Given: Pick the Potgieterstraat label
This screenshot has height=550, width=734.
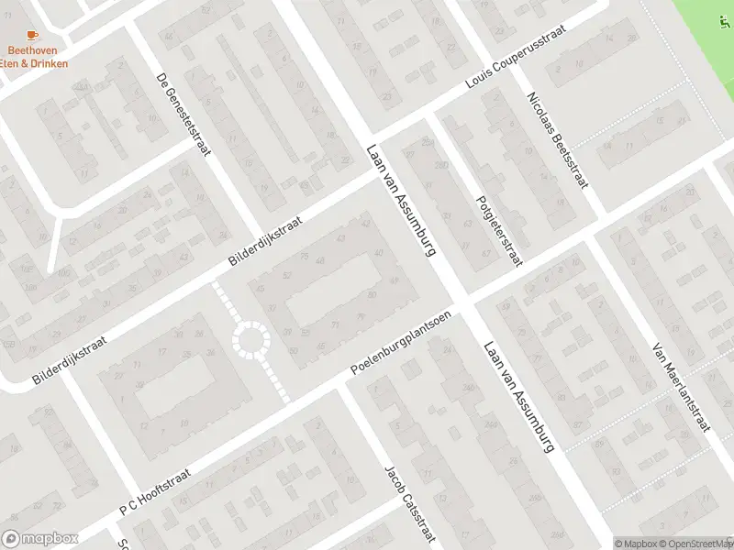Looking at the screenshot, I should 498,230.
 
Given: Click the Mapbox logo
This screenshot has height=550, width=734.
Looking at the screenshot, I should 40,538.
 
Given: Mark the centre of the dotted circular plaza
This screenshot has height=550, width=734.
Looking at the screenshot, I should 250,340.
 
